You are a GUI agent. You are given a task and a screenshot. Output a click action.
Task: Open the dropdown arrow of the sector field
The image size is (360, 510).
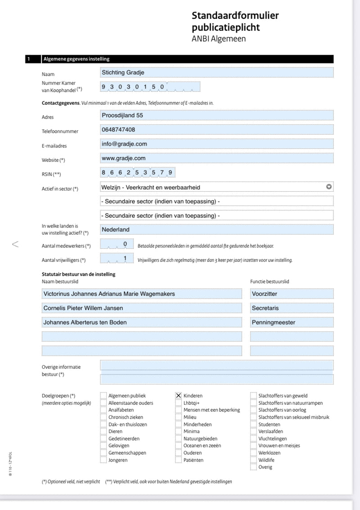[x=328, y=187]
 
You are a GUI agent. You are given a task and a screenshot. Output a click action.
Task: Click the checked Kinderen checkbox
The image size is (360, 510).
[x=179, y=396]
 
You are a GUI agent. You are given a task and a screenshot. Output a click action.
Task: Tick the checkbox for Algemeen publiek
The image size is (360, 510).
[x=103, y=396]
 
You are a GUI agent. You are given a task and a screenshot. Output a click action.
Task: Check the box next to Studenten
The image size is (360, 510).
[x=254, y=425]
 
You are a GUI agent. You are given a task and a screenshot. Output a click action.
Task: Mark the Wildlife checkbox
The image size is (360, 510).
[x=254, y=460]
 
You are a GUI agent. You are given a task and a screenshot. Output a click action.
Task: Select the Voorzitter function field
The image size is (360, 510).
[x=292, y=294]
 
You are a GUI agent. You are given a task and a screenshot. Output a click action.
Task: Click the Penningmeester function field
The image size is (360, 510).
[x=292, y=322]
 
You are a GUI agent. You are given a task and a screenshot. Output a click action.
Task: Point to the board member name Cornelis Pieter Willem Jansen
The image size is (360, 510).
[x=141, y=308]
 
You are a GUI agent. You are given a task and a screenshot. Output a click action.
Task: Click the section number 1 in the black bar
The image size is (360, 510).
[x=28, y=59]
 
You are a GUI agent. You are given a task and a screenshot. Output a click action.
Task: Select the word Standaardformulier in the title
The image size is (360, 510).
[x=235, y=16]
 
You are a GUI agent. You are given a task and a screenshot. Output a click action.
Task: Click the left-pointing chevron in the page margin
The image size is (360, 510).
[x=15, y=244]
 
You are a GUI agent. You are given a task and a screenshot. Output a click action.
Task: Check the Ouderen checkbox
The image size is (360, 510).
[x=179, y=453]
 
